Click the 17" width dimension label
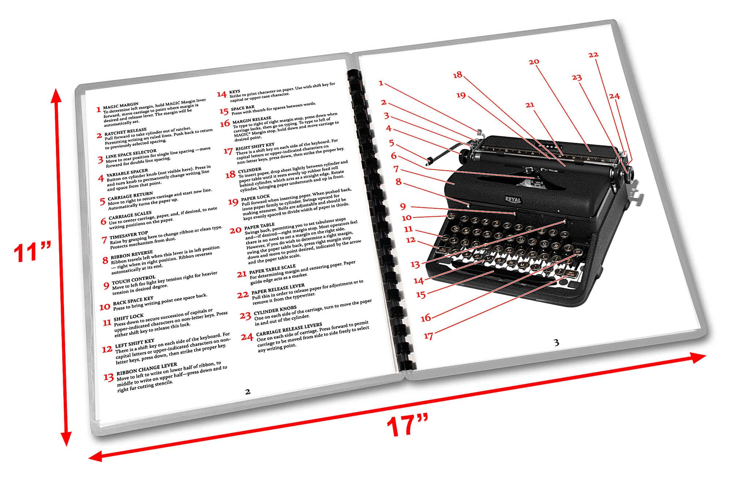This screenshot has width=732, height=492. coord(407,425)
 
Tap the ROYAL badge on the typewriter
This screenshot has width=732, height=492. coord(513,199)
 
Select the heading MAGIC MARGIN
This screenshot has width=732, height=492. coord(121,105)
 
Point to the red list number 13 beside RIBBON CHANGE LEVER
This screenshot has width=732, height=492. coord(108,377)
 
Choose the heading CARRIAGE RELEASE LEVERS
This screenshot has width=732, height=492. coord(289,329)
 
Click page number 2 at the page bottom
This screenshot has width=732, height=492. coord(248,392)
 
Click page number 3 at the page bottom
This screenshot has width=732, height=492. coord(556,342)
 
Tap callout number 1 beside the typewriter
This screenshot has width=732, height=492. coord(381,83)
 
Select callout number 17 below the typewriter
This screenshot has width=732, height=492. coord(429,336)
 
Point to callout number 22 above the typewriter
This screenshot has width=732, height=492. coord(593,55)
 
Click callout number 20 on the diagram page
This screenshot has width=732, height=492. coord(534,61)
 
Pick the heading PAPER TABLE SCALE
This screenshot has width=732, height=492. coord(272,269)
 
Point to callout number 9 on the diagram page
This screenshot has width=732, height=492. coord(403,207)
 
